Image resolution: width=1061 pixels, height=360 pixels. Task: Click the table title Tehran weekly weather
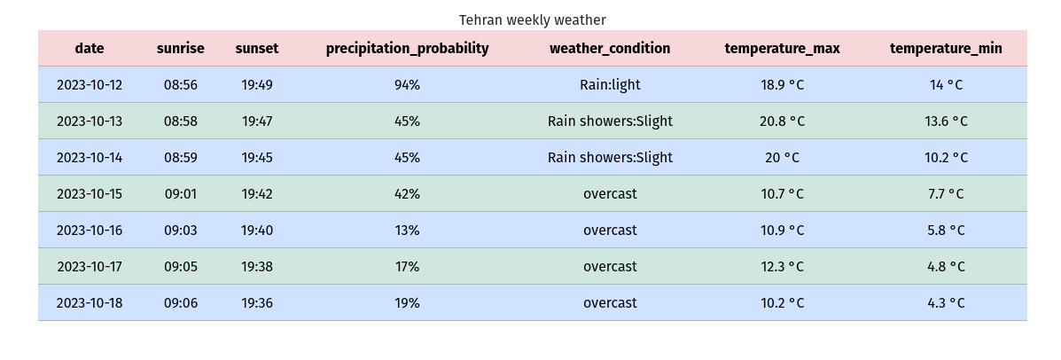pos(532,20)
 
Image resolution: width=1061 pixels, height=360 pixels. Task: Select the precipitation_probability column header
pos(407,49)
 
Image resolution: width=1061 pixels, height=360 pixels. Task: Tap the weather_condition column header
pos(610,49)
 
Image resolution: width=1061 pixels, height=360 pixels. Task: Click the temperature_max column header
pos(782,49)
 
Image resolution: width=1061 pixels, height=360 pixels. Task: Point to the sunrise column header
pos(181,49)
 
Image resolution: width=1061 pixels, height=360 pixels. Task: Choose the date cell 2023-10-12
pos(90,85)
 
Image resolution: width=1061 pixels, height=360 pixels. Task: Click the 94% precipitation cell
pos(407,85)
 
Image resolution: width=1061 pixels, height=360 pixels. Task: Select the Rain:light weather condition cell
pos(610,85)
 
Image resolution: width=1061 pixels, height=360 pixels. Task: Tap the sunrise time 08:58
pos(181,121)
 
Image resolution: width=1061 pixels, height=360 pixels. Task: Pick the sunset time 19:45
pos(257,158)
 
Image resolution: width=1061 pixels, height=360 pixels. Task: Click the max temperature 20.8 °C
pos(782,121)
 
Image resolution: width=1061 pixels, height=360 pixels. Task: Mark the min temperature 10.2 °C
pos(946,158)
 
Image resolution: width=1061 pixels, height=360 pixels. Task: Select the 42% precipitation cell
pos(407,194)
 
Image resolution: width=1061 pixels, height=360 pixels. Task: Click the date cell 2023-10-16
pos(90,231)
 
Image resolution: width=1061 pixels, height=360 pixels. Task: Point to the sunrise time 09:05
pos(181,267)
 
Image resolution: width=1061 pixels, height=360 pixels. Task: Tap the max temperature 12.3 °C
pos(782,267)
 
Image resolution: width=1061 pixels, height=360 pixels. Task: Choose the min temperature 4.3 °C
pos(946,303)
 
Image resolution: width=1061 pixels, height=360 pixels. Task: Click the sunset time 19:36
pos(257,303)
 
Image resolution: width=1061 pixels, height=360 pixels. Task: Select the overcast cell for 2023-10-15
pos(610,194)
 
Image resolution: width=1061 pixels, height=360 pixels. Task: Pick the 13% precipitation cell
pos(407,231)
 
